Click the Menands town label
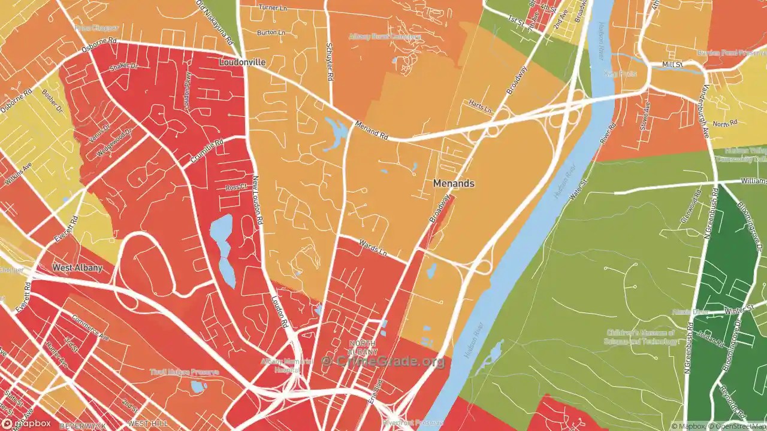[x=454, y=183]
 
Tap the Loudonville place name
[x=242, y=62]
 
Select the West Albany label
[x=77, y=268]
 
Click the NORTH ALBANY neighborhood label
[x=363, y=347]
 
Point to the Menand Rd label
[x=372, y=130]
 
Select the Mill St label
[x=672, y=64]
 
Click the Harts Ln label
[x=480, y=107]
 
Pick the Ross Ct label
[x=236, y=187]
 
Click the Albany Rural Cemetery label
[x=385, y=37]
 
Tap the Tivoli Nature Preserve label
[x=184, y=372]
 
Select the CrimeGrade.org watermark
[x=383, y=361]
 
